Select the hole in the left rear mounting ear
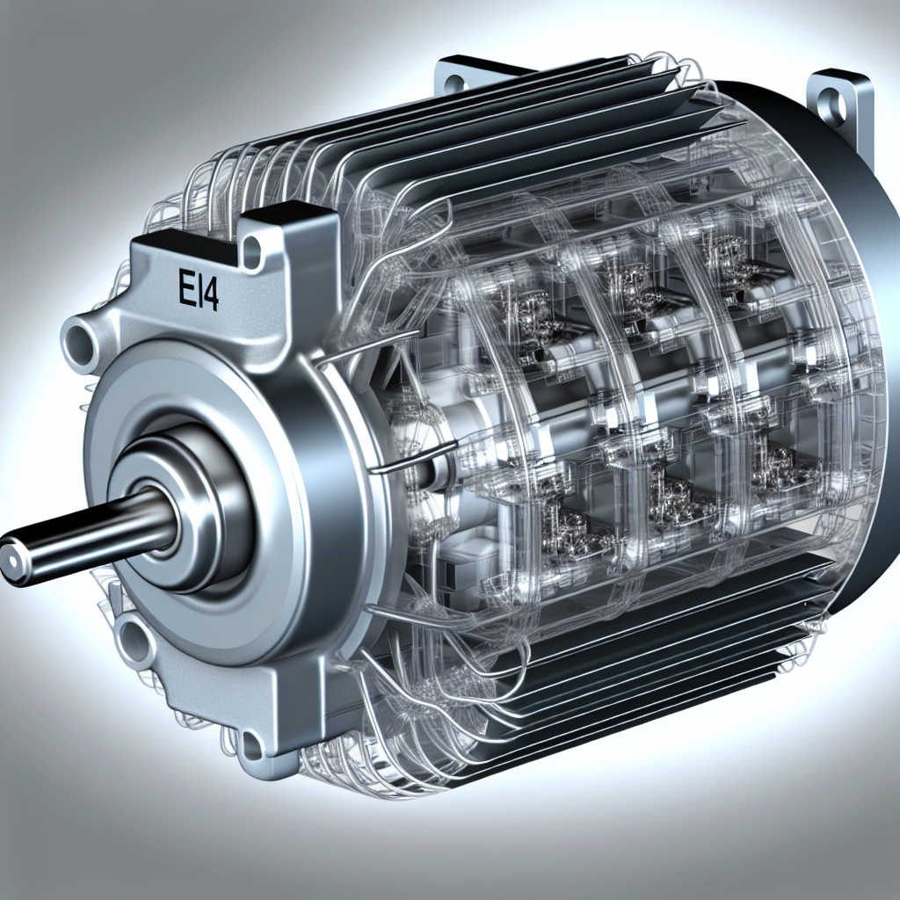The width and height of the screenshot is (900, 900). tap(454, 84)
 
